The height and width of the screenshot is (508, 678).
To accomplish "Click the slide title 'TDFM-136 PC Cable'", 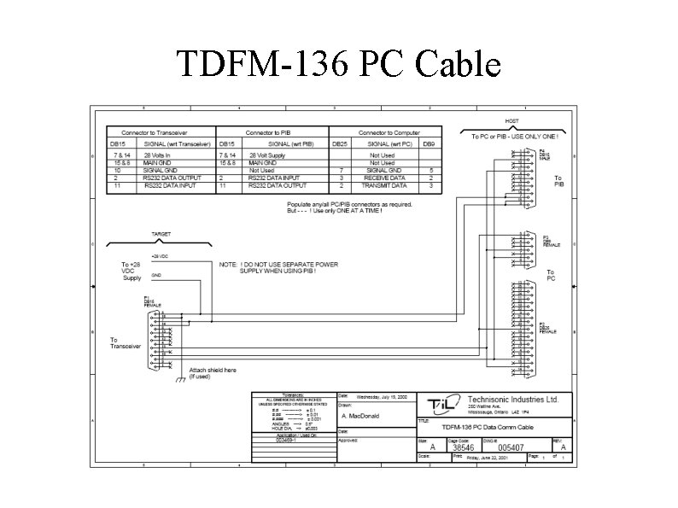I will point(338,64).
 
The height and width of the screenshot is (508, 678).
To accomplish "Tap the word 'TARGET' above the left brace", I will point(161,233).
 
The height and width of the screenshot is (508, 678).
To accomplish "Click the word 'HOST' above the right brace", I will point(511,121).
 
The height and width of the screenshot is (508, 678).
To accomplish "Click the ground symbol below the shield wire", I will point(179,380).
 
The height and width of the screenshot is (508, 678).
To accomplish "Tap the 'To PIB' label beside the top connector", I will point(558,181).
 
